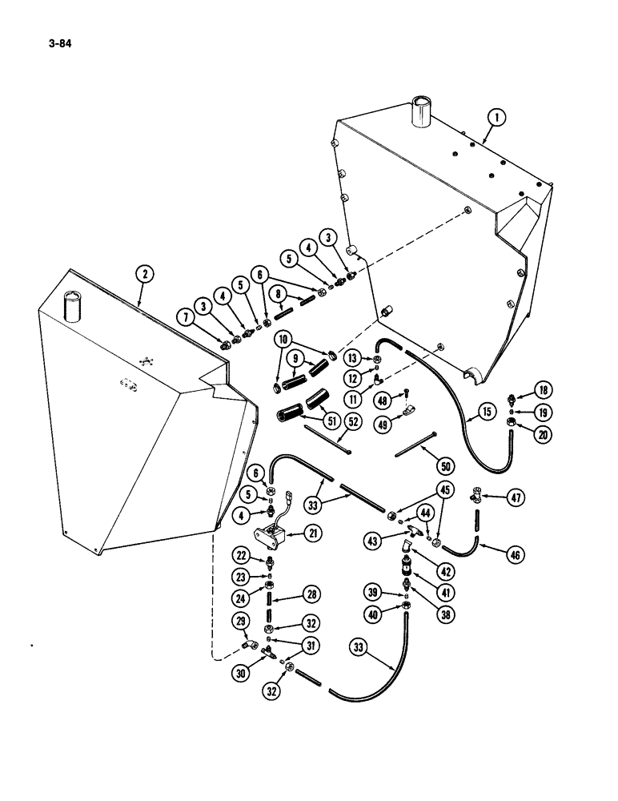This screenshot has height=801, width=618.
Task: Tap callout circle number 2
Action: (144, 275)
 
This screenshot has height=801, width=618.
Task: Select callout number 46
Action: (516, 551)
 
